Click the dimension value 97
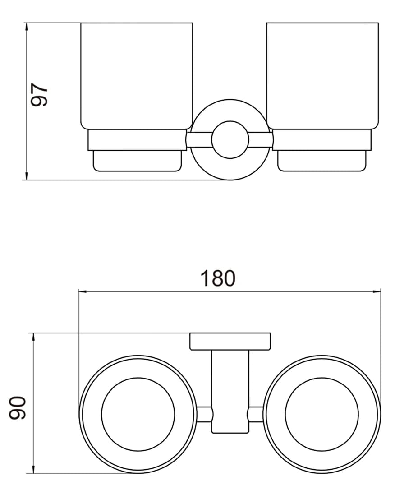(x=39, y=95)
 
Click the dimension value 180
(x=217, y=278)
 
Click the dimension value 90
(x=17, y=407)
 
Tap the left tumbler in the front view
(x=137, y=76)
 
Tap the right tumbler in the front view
(x=322, y=76)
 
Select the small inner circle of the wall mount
(x=230, y=140)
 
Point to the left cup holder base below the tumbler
(x=137, y=161)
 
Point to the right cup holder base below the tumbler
(x=322, y=161)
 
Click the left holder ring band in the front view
(x=137, y=140)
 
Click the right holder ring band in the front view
(x=322, y=140)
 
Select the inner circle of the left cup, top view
(x=138, y=414)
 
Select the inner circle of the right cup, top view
(x=322, y=414)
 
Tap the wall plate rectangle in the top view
(x=230, y=341)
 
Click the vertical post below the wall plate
(x=230, y=391)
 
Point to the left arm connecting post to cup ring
(x=205, y=414)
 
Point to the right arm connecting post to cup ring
(x=256, y=414)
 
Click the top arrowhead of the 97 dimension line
(x=26, y=26)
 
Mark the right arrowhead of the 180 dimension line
(x=377, y=292)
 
